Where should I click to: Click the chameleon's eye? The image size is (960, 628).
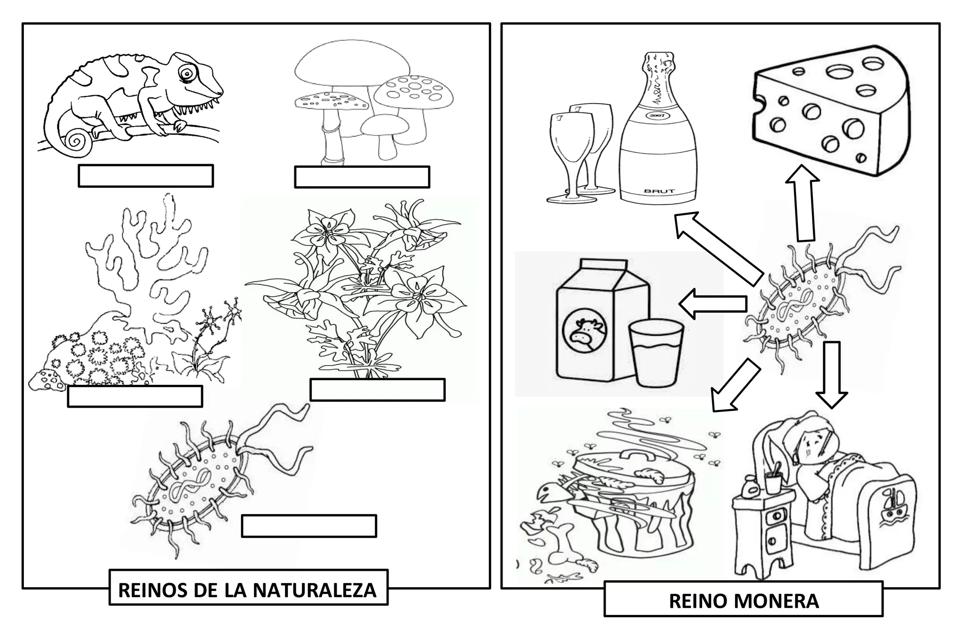(x=187, y=73)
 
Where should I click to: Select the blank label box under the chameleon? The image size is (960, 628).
(x=146, y=176)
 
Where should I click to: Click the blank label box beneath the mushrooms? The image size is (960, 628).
(x=362, y=177)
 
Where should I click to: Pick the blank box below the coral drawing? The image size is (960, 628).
(x=135, y=396)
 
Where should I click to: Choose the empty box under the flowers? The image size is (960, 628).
(x=377, y=390)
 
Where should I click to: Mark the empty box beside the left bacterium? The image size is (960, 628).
(x=309, y=526)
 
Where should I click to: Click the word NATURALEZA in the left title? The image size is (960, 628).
(x=315, y=590)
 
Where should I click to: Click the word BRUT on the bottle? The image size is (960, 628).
(x=659, y=191)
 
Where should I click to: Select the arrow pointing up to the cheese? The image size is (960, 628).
(x=802, y=202)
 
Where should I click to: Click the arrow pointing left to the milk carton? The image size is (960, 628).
(x=713, y=303)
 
